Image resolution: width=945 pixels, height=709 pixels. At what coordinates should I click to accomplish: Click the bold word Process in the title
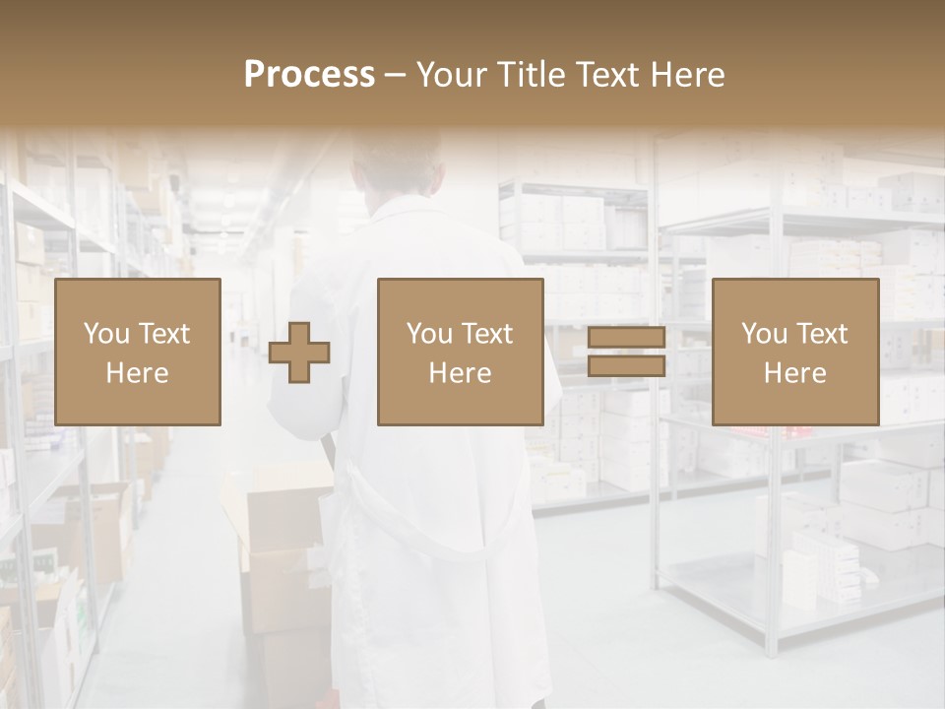(x=309, y=75)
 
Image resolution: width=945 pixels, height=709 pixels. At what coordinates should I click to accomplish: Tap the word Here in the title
(x=688, y=75)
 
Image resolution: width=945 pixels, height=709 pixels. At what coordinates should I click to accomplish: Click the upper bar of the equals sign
(x=626, y=338)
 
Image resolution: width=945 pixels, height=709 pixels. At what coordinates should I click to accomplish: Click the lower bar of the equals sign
(x=626, y=366)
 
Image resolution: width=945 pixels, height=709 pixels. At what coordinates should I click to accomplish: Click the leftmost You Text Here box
(x=138, y=352)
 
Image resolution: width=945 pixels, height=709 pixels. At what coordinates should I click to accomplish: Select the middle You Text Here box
(x=461, y=352)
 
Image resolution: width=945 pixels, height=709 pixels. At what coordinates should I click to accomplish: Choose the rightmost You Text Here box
(x=795, y=352)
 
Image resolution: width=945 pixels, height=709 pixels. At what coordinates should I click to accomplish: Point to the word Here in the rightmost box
(x=795, y=373)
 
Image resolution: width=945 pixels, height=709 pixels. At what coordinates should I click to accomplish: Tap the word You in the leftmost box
(x=104, y=334)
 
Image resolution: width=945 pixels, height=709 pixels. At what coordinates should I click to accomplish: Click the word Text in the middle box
(x=485, y=334)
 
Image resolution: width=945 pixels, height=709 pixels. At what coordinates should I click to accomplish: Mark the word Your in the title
(x=452, y=75)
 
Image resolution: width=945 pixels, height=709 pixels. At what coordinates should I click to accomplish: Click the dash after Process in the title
(x=396, y=76)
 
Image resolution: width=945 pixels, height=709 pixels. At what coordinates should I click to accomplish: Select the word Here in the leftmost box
(x=138, y=373)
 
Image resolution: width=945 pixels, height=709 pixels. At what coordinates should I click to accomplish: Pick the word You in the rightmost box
(x=764, y=334)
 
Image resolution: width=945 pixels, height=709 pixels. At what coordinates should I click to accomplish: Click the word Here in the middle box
(x=461, y=373)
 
